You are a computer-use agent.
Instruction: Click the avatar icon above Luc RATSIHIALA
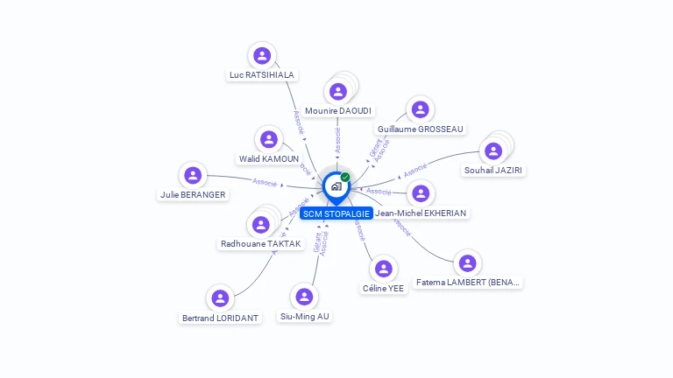(261, 56)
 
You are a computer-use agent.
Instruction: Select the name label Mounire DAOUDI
(338, 111)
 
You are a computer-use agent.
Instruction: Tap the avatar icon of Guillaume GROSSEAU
(421, 109)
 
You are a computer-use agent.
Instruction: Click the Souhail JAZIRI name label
(493, 171)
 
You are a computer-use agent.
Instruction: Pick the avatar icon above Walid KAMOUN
(268, 139)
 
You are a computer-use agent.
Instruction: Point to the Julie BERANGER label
(193, 194)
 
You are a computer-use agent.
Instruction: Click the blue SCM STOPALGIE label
(336, 213)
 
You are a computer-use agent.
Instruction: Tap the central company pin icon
(336, 186)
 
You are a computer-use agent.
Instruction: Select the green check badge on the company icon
(345, 177)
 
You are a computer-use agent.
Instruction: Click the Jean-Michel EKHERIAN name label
(421, 213)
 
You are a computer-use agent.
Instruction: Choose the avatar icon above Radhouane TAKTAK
(261, 225)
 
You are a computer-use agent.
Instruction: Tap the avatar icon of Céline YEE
(383, 269)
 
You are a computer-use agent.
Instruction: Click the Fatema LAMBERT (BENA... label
(469, 283)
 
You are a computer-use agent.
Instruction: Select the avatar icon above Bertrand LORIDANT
(220, 298)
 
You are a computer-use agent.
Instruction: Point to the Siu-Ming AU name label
(305, 316)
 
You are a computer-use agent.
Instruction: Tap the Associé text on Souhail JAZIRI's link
(414, 167)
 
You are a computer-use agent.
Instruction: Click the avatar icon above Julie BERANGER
(193, 175)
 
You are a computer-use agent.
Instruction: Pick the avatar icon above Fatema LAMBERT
(468, 262)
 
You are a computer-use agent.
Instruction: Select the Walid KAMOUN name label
(269, 158)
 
